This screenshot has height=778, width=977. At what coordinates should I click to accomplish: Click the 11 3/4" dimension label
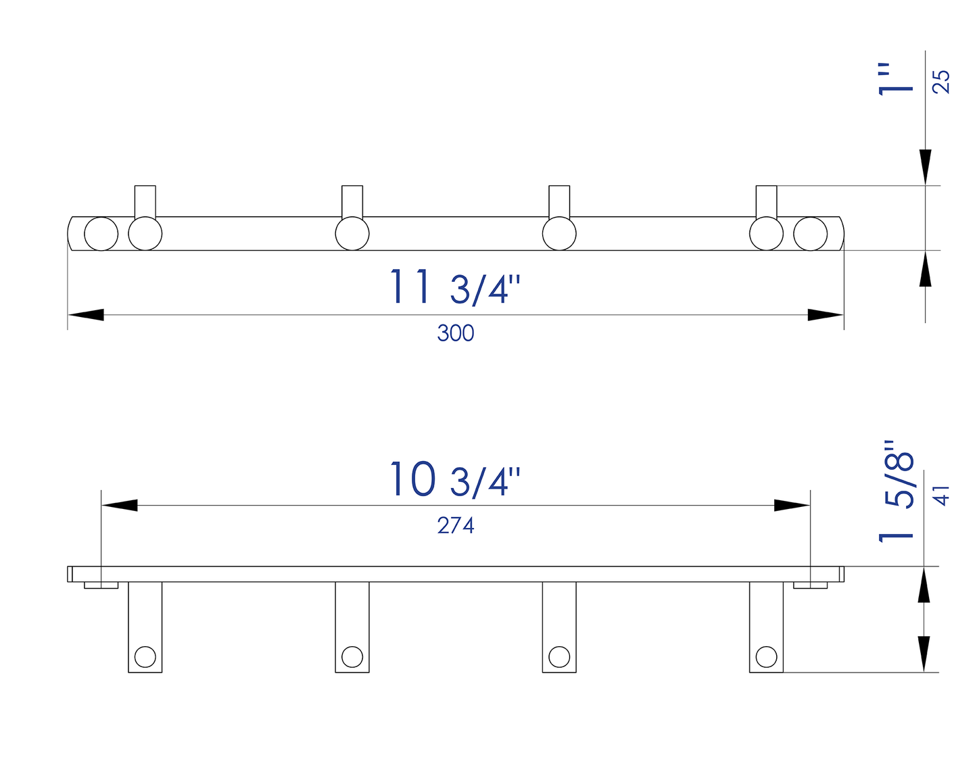[x=454, y=287]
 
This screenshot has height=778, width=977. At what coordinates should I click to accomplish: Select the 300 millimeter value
[x=455, y=333]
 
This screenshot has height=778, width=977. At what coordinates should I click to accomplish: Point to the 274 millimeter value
[x=455, y=525]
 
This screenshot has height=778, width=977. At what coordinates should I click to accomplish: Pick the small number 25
[x=941, y=82]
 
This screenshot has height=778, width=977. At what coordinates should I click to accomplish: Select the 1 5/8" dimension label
[x=897, y=492]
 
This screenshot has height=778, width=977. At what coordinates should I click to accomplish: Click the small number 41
[x=941, y=495]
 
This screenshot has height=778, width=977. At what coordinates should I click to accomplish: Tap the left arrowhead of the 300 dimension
[x=86, y=315]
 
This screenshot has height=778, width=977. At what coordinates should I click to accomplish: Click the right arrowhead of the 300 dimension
[x=826, y=315]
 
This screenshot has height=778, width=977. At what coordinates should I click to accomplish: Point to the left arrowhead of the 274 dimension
[x=119, y=505]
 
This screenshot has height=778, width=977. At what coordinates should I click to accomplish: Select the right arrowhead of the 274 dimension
[x=792, y=505]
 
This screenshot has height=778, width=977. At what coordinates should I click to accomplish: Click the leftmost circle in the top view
[x=101, y=234]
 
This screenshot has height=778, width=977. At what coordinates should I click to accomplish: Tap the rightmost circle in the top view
[x=810, y=234]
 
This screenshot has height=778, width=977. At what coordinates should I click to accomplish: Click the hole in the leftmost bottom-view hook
[x=145, y=656]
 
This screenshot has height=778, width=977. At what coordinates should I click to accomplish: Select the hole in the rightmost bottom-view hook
[x=766, y=656]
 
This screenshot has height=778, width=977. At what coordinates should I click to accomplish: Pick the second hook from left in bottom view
[x=352, y=627]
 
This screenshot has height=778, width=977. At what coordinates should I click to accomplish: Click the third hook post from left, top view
[x=559, y=201]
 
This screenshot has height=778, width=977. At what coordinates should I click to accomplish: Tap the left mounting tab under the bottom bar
[x=101, y=585]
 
